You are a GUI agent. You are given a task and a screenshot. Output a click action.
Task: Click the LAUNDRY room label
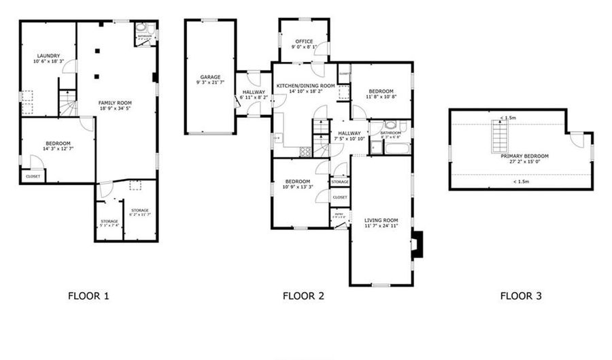pos(47,56)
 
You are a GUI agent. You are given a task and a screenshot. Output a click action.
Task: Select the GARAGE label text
pos(209,77)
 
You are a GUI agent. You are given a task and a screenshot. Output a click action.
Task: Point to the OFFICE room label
pos(304,42)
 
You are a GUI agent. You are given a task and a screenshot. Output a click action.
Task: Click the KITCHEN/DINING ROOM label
pos(305,85)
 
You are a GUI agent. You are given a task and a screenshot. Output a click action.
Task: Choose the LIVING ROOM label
pos(381,220)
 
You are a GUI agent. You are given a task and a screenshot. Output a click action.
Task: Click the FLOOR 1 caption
pos(88,296)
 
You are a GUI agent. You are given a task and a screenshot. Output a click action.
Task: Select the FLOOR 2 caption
pos(303,296)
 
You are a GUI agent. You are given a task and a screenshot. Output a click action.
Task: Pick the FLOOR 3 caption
pos(521,296)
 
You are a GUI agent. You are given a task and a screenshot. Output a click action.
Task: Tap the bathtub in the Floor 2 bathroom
pos(391,145)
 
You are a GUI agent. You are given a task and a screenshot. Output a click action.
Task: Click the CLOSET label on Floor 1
pos(33,177)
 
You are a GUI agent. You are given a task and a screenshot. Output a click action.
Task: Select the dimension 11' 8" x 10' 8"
pos(381,97)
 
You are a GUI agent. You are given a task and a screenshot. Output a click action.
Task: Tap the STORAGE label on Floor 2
pos(340,182)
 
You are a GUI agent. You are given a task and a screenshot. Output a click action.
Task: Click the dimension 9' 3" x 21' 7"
pos(209,83)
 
